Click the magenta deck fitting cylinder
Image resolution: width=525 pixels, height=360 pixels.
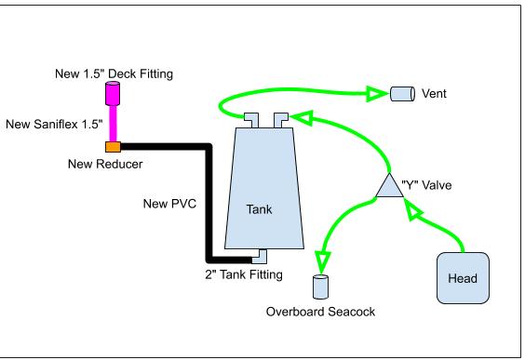113,93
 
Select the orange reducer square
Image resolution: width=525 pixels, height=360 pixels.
114,147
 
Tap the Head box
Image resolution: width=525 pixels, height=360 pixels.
463,278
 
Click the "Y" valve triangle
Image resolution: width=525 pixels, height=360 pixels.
389,186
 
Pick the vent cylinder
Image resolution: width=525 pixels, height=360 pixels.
403,94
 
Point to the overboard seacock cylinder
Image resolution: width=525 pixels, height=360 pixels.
320,287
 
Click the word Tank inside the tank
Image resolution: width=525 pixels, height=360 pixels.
259,209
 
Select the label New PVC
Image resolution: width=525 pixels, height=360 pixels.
169,204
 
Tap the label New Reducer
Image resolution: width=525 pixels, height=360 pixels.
105,164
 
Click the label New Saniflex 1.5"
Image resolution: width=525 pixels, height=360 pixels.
54,124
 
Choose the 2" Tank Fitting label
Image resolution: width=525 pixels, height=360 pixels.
244,274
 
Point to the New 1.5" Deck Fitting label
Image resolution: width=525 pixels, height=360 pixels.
114,73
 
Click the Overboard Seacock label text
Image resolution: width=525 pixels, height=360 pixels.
320,312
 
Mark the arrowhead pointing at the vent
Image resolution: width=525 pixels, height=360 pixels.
377,94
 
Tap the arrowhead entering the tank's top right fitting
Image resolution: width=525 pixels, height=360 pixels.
303,118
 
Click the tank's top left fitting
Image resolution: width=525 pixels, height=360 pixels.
251,120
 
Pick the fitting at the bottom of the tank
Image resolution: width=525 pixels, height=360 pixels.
260,257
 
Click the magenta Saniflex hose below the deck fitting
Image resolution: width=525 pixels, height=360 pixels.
114,124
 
